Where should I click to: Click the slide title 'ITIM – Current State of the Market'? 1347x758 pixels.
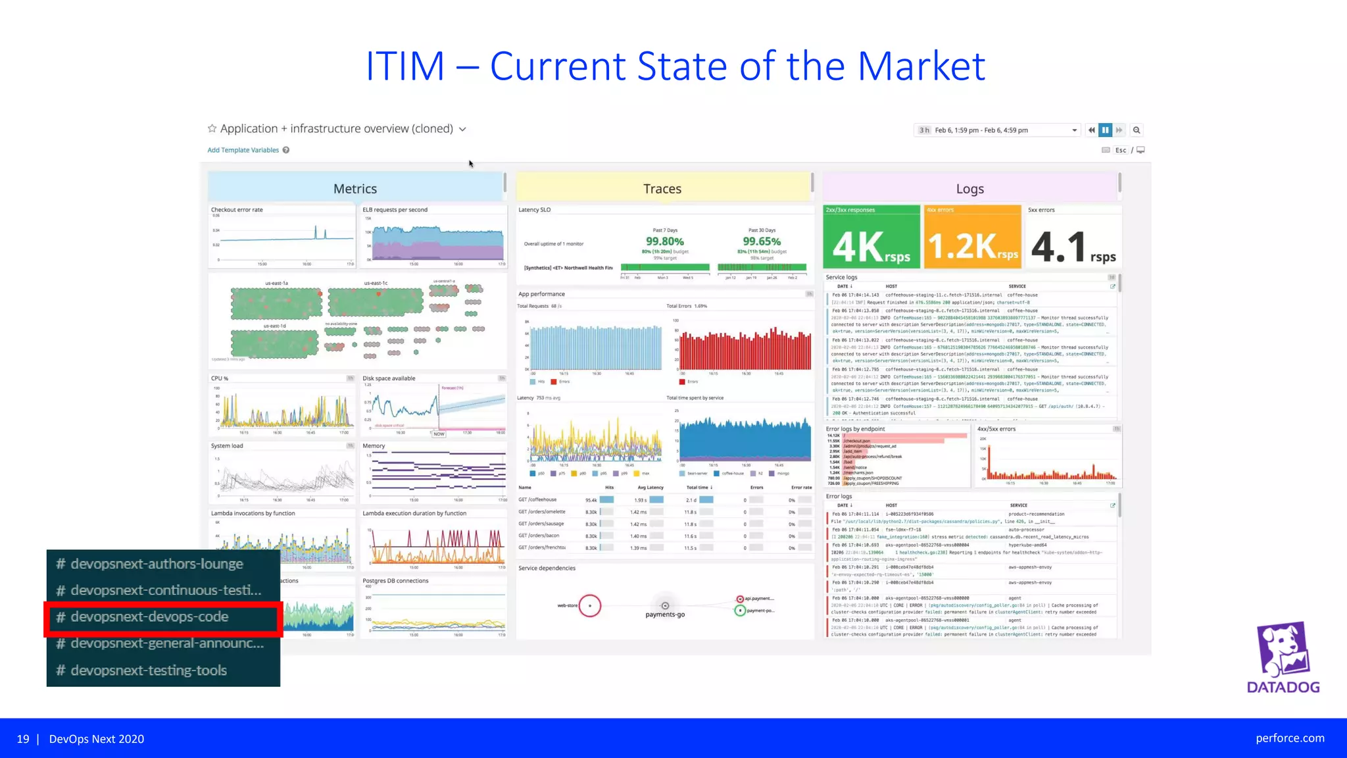675,66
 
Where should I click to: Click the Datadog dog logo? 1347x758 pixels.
1283,650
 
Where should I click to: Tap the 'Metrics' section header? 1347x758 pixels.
355,189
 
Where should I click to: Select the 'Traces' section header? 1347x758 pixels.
662,189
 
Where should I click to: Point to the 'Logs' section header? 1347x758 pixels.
970,189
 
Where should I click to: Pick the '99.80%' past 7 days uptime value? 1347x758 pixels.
665,241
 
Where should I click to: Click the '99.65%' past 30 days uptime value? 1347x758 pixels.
762,241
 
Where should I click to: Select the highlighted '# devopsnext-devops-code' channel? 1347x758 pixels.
150,617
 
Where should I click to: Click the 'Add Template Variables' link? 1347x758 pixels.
243,150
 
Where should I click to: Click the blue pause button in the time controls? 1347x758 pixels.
1106,130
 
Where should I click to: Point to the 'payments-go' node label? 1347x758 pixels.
665,615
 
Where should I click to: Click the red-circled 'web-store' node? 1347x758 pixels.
590,605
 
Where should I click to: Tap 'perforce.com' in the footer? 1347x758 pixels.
1290,738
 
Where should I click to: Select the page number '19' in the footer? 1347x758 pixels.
23,739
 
